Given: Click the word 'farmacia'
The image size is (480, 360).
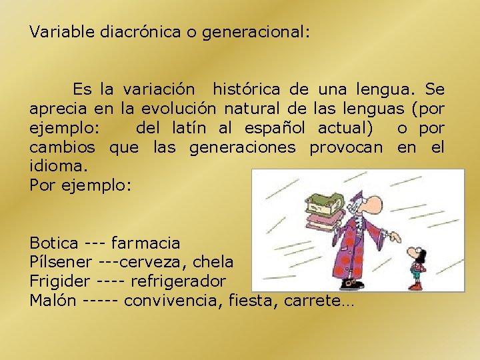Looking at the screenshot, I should point(145,244).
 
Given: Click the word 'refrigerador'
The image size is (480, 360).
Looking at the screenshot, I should point(178,281).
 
